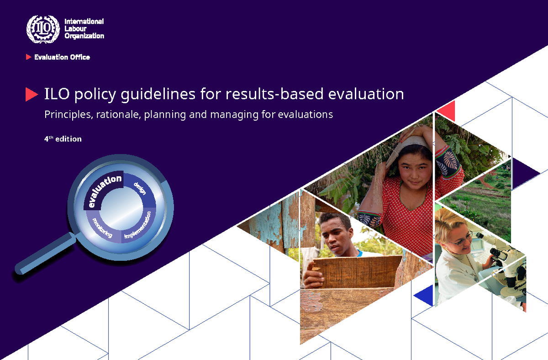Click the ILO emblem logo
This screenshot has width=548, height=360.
coord(43,29)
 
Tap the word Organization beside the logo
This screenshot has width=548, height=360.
coord(84,36)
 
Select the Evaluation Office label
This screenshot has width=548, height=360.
coord(62,57)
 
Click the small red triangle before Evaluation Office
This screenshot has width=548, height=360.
coord(29,57)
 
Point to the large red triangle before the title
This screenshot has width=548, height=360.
coord(31,94)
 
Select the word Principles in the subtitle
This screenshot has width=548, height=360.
coord(68,114)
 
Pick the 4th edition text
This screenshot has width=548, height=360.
coord(63,138)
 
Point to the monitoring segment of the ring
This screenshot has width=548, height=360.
coord(102,228)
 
